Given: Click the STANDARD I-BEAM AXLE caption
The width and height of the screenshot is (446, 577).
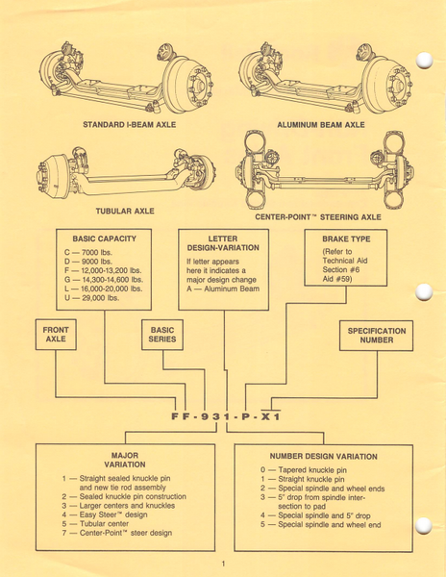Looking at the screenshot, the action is pos(130,125).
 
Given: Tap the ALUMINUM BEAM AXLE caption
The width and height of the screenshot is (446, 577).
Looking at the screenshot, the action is pos(321,125).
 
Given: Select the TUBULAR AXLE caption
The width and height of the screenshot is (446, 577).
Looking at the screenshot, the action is pos(125,212).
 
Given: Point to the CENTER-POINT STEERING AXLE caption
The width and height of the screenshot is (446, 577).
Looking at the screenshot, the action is pos(318,217).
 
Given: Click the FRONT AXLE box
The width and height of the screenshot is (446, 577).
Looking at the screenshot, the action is pos(56,335).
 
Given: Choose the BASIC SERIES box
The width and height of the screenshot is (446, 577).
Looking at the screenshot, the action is pos(162,335).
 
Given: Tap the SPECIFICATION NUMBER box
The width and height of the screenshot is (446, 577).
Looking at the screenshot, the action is pos(377,336).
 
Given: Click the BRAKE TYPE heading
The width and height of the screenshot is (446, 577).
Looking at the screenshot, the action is pos(346,239).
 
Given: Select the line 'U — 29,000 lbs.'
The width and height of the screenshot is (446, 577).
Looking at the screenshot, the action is pos(91,298).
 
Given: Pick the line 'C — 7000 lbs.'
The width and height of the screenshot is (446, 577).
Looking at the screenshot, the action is pos(88,252).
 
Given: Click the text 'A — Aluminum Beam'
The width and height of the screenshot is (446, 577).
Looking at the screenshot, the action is pos(223,288).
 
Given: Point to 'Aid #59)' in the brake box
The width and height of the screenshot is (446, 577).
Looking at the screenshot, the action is pos(337,279).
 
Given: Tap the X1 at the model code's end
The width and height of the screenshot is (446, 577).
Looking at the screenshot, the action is pos(271,416).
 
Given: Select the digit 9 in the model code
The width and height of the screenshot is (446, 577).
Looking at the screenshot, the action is pos(204,416).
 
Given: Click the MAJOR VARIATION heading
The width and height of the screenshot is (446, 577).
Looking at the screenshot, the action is pos(125,460).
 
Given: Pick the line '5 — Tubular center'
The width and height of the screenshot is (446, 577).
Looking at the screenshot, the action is pos(95,524).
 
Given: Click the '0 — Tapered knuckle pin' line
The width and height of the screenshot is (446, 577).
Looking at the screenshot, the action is pos(304,470).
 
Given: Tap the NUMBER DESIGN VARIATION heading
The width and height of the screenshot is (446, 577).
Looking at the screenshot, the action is pos(324,457).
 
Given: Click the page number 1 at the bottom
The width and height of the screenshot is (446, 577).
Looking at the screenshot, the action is pos(223,564).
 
